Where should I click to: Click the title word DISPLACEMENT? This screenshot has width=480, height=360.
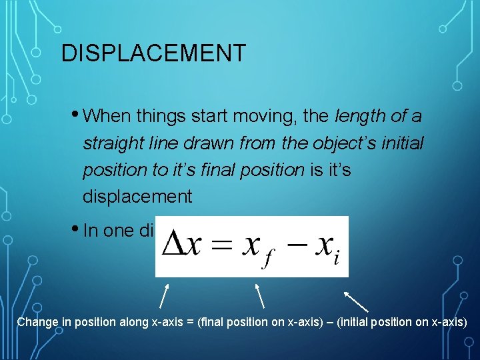click(x=153, y=53)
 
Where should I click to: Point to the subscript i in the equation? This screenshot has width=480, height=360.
click(x=336, y=256)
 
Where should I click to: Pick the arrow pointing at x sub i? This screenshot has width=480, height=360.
click(x=356, y=301)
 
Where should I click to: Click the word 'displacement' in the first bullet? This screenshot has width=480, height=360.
click(x=137, y=197)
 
